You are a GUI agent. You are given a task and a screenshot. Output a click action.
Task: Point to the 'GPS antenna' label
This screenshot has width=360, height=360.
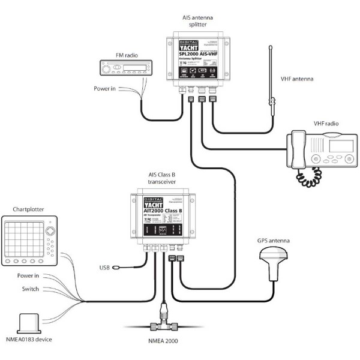pos(274,241)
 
